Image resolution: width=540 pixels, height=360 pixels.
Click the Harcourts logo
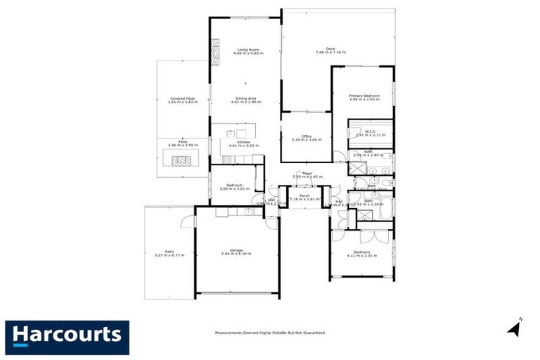pos(67,334)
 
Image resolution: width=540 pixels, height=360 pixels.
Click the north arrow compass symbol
pos(514,327)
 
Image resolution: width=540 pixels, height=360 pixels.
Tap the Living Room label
pos(246,50)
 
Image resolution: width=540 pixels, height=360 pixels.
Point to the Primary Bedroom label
pos(364,95)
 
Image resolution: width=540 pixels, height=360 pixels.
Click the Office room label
pos(307,136)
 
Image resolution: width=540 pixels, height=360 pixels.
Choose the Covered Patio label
pos(182,98)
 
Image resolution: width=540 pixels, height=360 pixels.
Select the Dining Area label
pos(245,98)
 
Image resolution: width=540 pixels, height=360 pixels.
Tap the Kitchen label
pos(244,142)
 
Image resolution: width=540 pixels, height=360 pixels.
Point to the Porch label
pos(305,195)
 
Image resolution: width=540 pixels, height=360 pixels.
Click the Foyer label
pos(307,172)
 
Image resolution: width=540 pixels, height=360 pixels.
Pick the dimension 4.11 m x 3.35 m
pos(361,256)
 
